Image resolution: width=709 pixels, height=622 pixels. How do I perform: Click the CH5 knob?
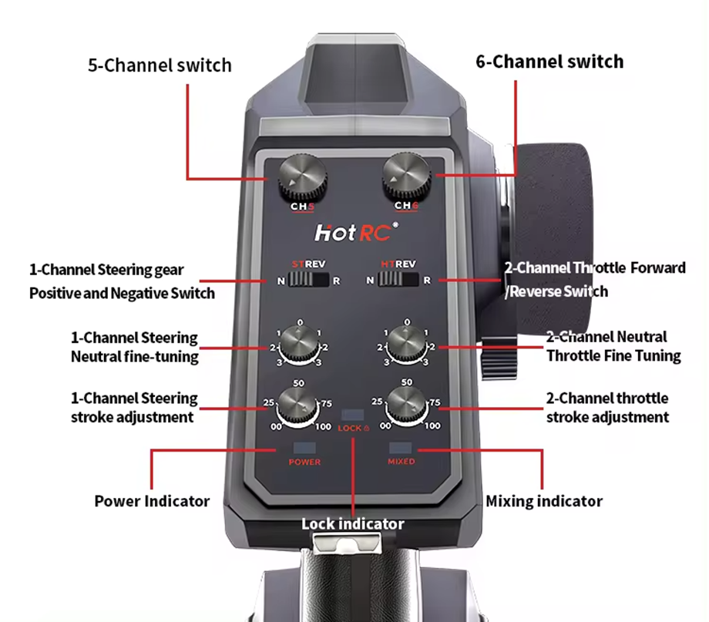(297, 177)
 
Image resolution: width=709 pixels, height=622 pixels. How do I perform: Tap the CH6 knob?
(407, 175)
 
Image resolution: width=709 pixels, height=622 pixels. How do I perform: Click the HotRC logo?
(356, 232)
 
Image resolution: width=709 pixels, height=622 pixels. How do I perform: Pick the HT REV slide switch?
(398, 280)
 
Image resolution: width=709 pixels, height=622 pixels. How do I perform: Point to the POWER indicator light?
(304, 447)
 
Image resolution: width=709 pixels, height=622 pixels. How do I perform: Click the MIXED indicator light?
(401, 447)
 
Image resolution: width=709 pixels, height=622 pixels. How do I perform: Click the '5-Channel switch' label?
(160, 65)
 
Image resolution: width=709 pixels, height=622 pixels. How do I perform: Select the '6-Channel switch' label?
(549, 62)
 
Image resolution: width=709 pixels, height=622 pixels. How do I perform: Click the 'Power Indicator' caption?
(152, 501)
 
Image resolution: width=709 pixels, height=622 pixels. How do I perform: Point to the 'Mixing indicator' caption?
(544, 501)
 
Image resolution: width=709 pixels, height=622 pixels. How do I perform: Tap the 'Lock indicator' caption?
(353, 524)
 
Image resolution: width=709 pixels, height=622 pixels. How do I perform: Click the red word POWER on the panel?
(304, 462)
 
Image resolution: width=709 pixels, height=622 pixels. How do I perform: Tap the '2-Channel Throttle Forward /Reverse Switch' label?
(595, 280)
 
